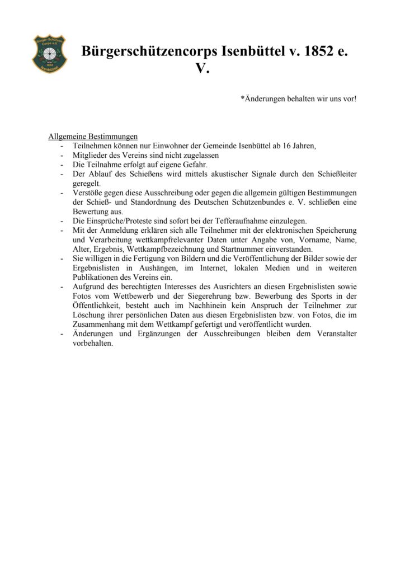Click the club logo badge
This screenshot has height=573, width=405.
pyautogui.click(x=49, y=54)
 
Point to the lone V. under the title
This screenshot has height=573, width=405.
pyautogui.click(x=202, y=68)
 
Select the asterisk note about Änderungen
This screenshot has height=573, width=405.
pyautogui.click(x=298, y=98)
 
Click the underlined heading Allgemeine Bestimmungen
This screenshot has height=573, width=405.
pyautogui.click(x=93, y=137)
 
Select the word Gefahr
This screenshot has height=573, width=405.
pyautogui.click(x=192, y=165)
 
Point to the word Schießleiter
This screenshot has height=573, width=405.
pyautogui.click(x=335, y=174)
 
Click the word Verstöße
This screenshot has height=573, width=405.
pyautogui.click(x=88, y=192)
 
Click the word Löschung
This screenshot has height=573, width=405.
pyautogui.click(x=89, y=315)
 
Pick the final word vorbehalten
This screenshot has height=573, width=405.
pyautogui.click(x=93, y=343)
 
